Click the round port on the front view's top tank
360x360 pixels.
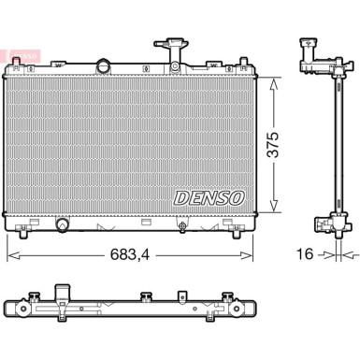102,67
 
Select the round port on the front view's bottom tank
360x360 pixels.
64,224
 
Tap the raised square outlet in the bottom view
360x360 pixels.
64,292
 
